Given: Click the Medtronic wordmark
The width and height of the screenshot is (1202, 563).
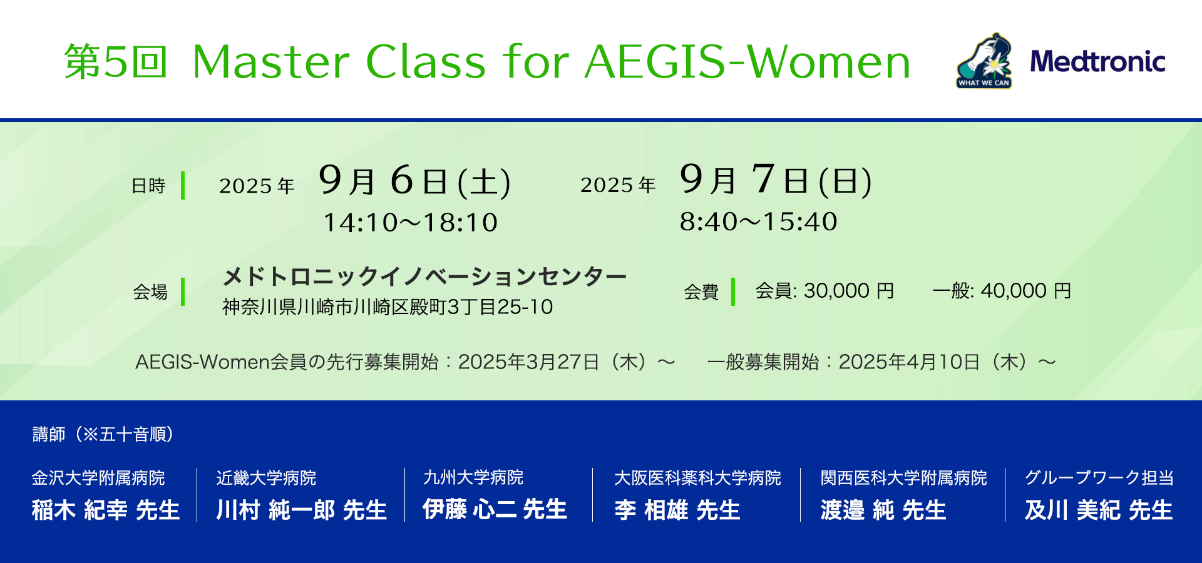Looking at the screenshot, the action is pyautogui.click(x=1097, y=61).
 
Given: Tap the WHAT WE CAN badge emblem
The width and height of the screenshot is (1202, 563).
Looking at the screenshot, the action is pyautogui.click(x=984, y=61).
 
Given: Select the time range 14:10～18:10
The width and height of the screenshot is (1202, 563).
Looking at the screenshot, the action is pyautogui.click(x=410, y=223).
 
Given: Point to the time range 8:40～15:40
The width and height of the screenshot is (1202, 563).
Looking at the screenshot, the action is pyautogui.click(x=759, y=221).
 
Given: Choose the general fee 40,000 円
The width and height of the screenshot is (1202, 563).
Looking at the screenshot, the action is pyautogui.click(x=1026, y=291).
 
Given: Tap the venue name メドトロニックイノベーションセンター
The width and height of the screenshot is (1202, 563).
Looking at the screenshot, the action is pyautogui.click(x=424, y=276).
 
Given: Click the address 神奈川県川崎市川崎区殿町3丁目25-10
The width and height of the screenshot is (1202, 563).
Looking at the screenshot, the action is pyautogui.click(x=388, y=307).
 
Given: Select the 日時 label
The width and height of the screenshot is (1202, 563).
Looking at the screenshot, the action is pyautogui.click(x=148, y=186).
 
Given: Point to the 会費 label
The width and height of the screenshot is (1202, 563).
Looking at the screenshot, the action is pyautogui.click(x=701, y=292).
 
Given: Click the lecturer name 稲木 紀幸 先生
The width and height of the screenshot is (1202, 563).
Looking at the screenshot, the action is pyautogui.click(x=106, y=510).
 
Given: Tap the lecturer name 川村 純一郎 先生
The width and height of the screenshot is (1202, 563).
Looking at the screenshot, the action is pyautogui.click(x=301, y=510).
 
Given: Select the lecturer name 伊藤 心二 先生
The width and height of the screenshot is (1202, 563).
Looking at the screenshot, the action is pyautogui.click(x=495, y=509).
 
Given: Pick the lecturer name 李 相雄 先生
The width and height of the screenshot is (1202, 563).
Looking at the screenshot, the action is pyautogui.click(x=677, y=510).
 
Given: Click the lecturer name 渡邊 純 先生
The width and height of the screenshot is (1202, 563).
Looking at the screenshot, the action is pyautogui.click(x=883, y=510).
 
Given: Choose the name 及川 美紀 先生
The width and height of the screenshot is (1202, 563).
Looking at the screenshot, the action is pyautogui.click(x=1099, y=510).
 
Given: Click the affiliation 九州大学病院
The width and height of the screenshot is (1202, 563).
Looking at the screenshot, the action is pyautogui.click(x=473, y=477).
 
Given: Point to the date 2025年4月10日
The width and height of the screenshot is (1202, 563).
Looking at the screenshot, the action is pyautogui.click(x=909, y=362).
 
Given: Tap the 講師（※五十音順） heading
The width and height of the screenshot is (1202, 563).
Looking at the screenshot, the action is pyautogui.click(x=103, y=434).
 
